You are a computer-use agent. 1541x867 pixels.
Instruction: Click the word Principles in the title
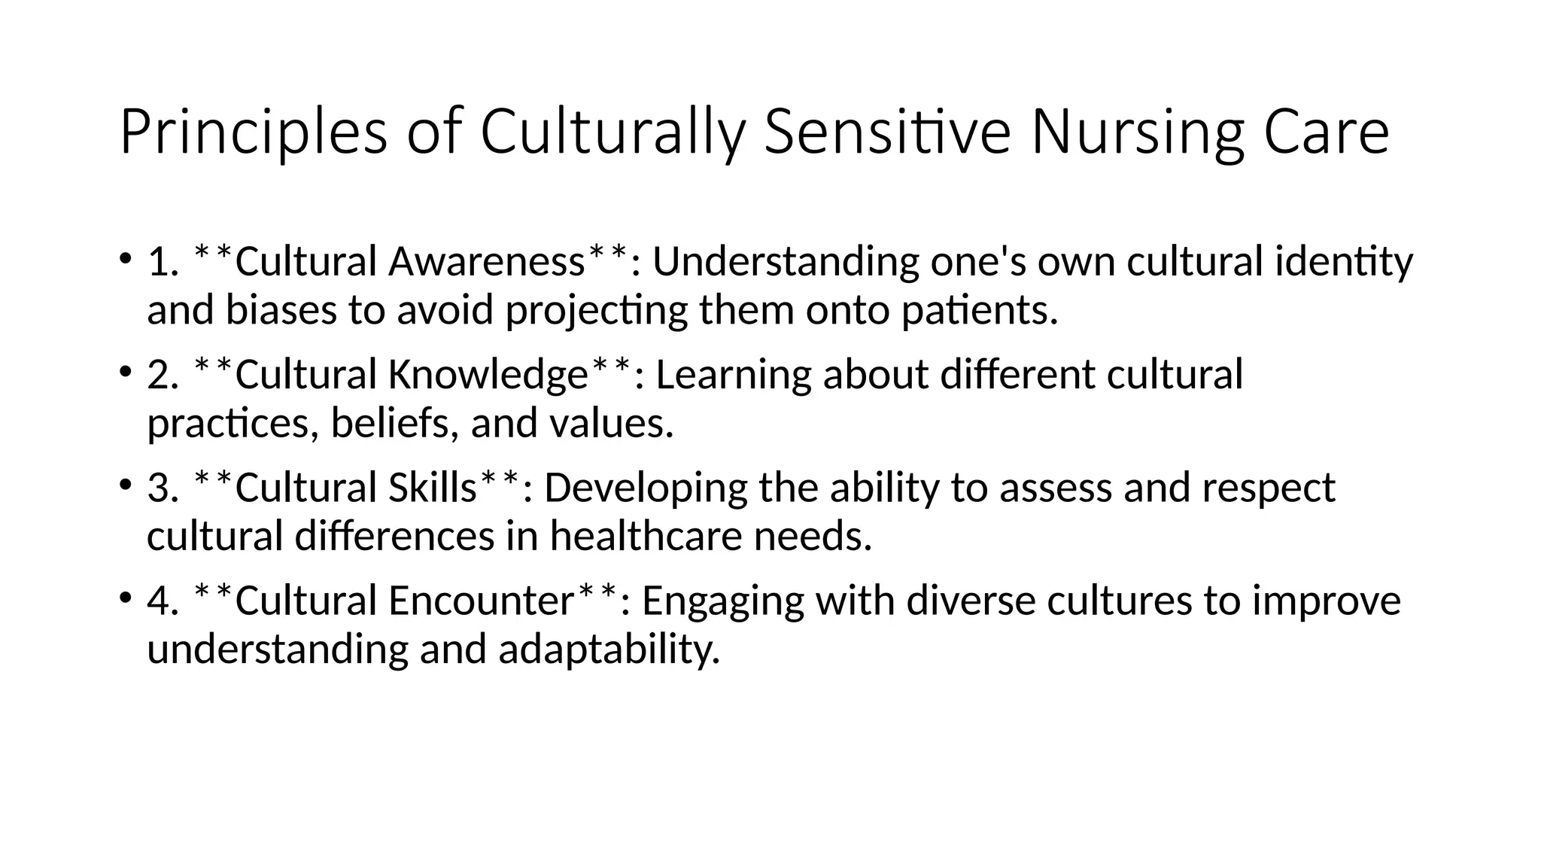253,133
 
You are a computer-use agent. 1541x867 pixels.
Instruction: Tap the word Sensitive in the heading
887,133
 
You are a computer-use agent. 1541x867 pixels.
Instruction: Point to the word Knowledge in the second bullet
488,376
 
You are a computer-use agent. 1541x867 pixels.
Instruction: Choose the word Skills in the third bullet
433,488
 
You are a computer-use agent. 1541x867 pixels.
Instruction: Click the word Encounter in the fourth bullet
482,601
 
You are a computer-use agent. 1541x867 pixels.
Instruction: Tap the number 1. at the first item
163,263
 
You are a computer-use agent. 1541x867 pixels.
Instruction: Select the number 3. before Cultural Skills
163,488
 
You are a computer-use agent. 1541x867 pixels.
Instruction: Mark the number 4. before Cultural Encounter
163,601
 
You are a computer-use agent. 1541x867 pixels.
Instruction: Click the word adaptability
609,649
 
